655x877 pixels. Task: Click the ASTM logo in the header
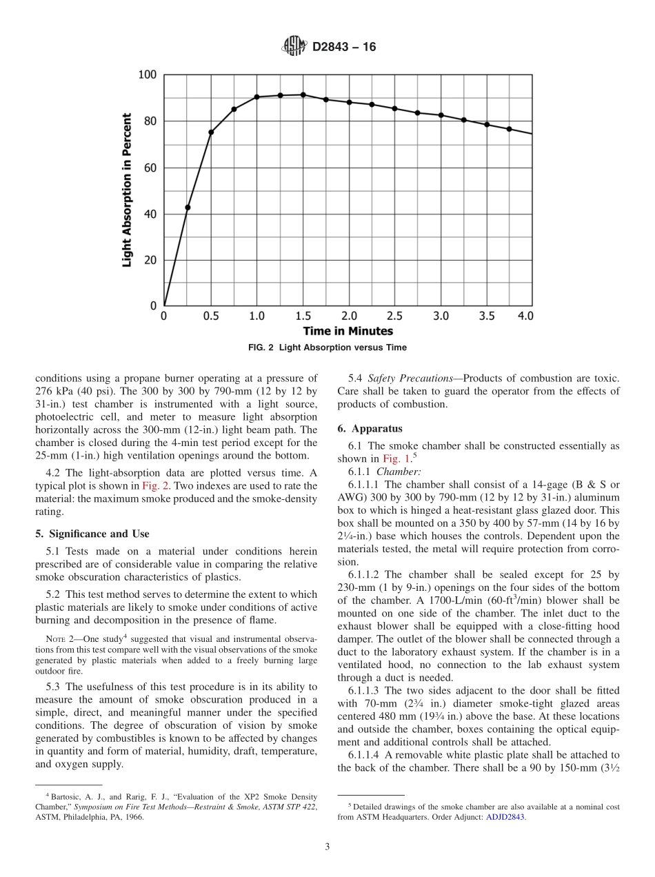(294, 47)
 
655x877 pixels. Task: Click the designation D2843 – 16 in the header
(344, 48)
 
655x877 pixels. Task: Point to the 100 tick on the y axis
(148, 75)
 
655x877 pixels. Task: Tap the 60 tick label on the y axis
(150, 168)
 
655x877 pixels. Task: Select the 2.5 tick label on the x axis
(394, 316)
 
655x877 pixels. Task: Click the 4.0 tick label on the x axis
(525, 316)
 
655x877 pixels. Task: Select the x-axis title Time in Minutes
(347, 331)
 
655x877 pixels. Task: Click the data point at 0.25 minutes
(188, 208)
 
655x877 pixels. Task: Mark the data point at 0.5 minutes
(211, 132)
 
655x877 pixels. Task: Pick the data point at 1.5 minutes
(303, 94)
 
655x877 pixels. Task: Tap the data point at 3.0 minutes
(441, 115)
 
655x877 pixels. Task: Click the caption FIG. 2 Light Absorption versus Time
(327, 347)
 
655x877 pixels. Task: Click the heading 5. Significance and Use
(92, 534)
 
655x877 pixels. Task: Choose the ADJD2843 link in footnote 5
(505, 816)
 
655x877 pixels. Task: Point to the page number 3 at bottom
(327, 847)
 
